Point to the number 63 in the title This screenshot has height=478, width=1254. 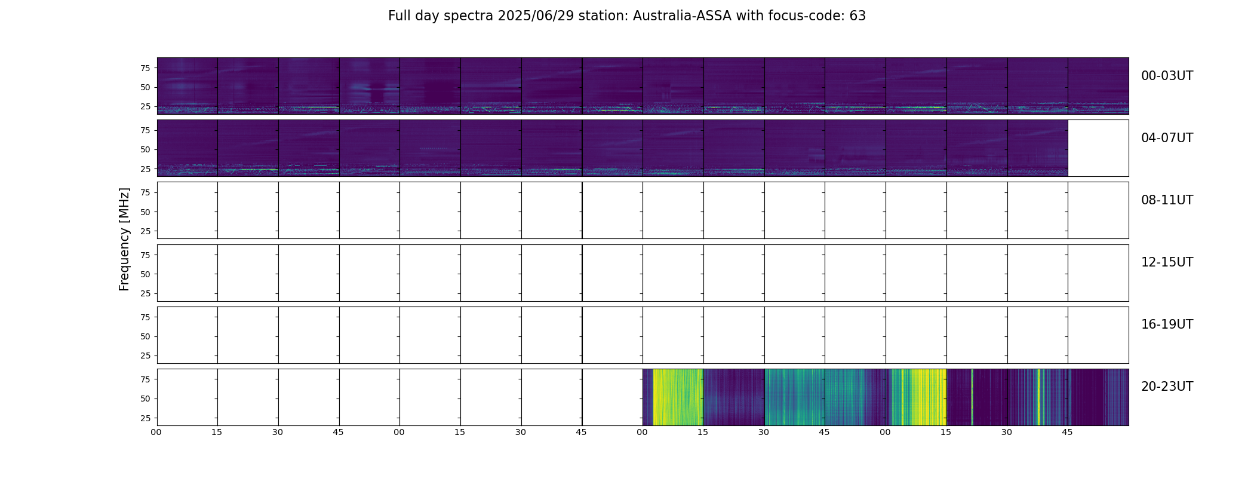[857, 16]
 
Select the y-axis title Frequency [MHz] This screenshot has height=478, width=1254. [124, 239]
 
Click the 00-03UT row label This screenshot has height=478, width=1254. [1167, 76]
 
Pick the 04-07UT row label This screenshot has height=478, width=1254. [1167, 138]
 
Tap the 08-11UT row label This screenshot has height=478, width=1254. [1167, 200]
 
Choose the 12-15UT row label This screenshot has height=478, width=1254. [1167, 262]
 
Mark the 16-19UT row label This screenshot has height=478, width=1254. [1167, 324]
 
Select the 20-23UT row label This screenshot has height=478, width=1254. [1167, 387]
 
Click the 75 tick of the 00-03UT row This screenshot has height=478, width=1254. [145, 68]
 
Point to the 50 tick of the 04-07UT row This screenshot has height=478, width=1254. [145, 149]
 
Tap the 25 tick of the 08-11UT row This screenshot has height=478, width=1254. [145, 231]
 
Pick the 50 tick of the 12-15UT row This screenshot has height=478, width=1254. [145, 274]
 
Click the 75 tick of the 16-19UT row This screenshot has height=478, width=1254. [145, 317]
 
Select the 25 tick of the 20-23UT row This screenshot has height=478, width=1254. [145, 418]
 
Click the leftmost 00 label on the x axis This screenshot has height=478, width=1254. [156, 432]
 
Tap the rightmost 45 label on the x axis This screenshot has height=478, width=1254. [1067, 432]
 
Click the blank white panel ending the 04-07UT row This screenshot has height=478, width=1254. [1098, 148]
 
